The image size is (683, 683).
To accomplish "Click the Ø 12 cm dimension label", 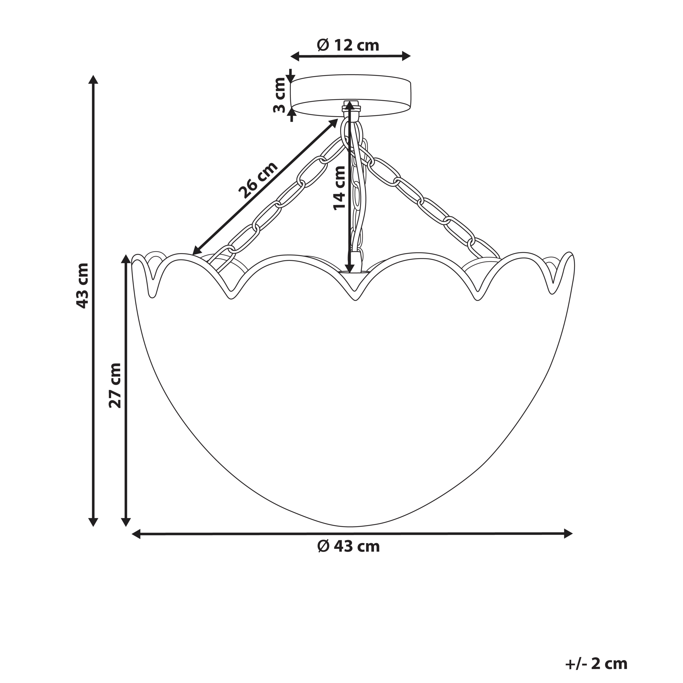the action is pyautogui.click(x=348, y=45).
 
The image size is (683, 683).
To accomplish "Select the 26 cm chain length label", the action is pyautogui.click(x=258, y=180).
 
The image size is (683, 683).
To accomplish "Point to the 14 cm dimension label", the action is pyautogui.click(x=339, y=188).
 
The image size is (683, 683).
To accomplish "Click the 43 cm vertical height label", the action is pyautogui.click(x=82, y=286).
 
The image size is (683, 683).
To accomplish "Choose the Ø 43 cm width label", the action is pyautogui.click(x=349, y=546).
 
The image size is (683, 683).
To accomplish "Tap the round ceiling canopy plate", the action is pyautogui.click(x=350, y=96).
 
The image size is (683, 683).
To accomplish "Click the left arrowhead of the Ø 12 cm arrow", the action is pyautogui.click(x=295, y=56).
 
